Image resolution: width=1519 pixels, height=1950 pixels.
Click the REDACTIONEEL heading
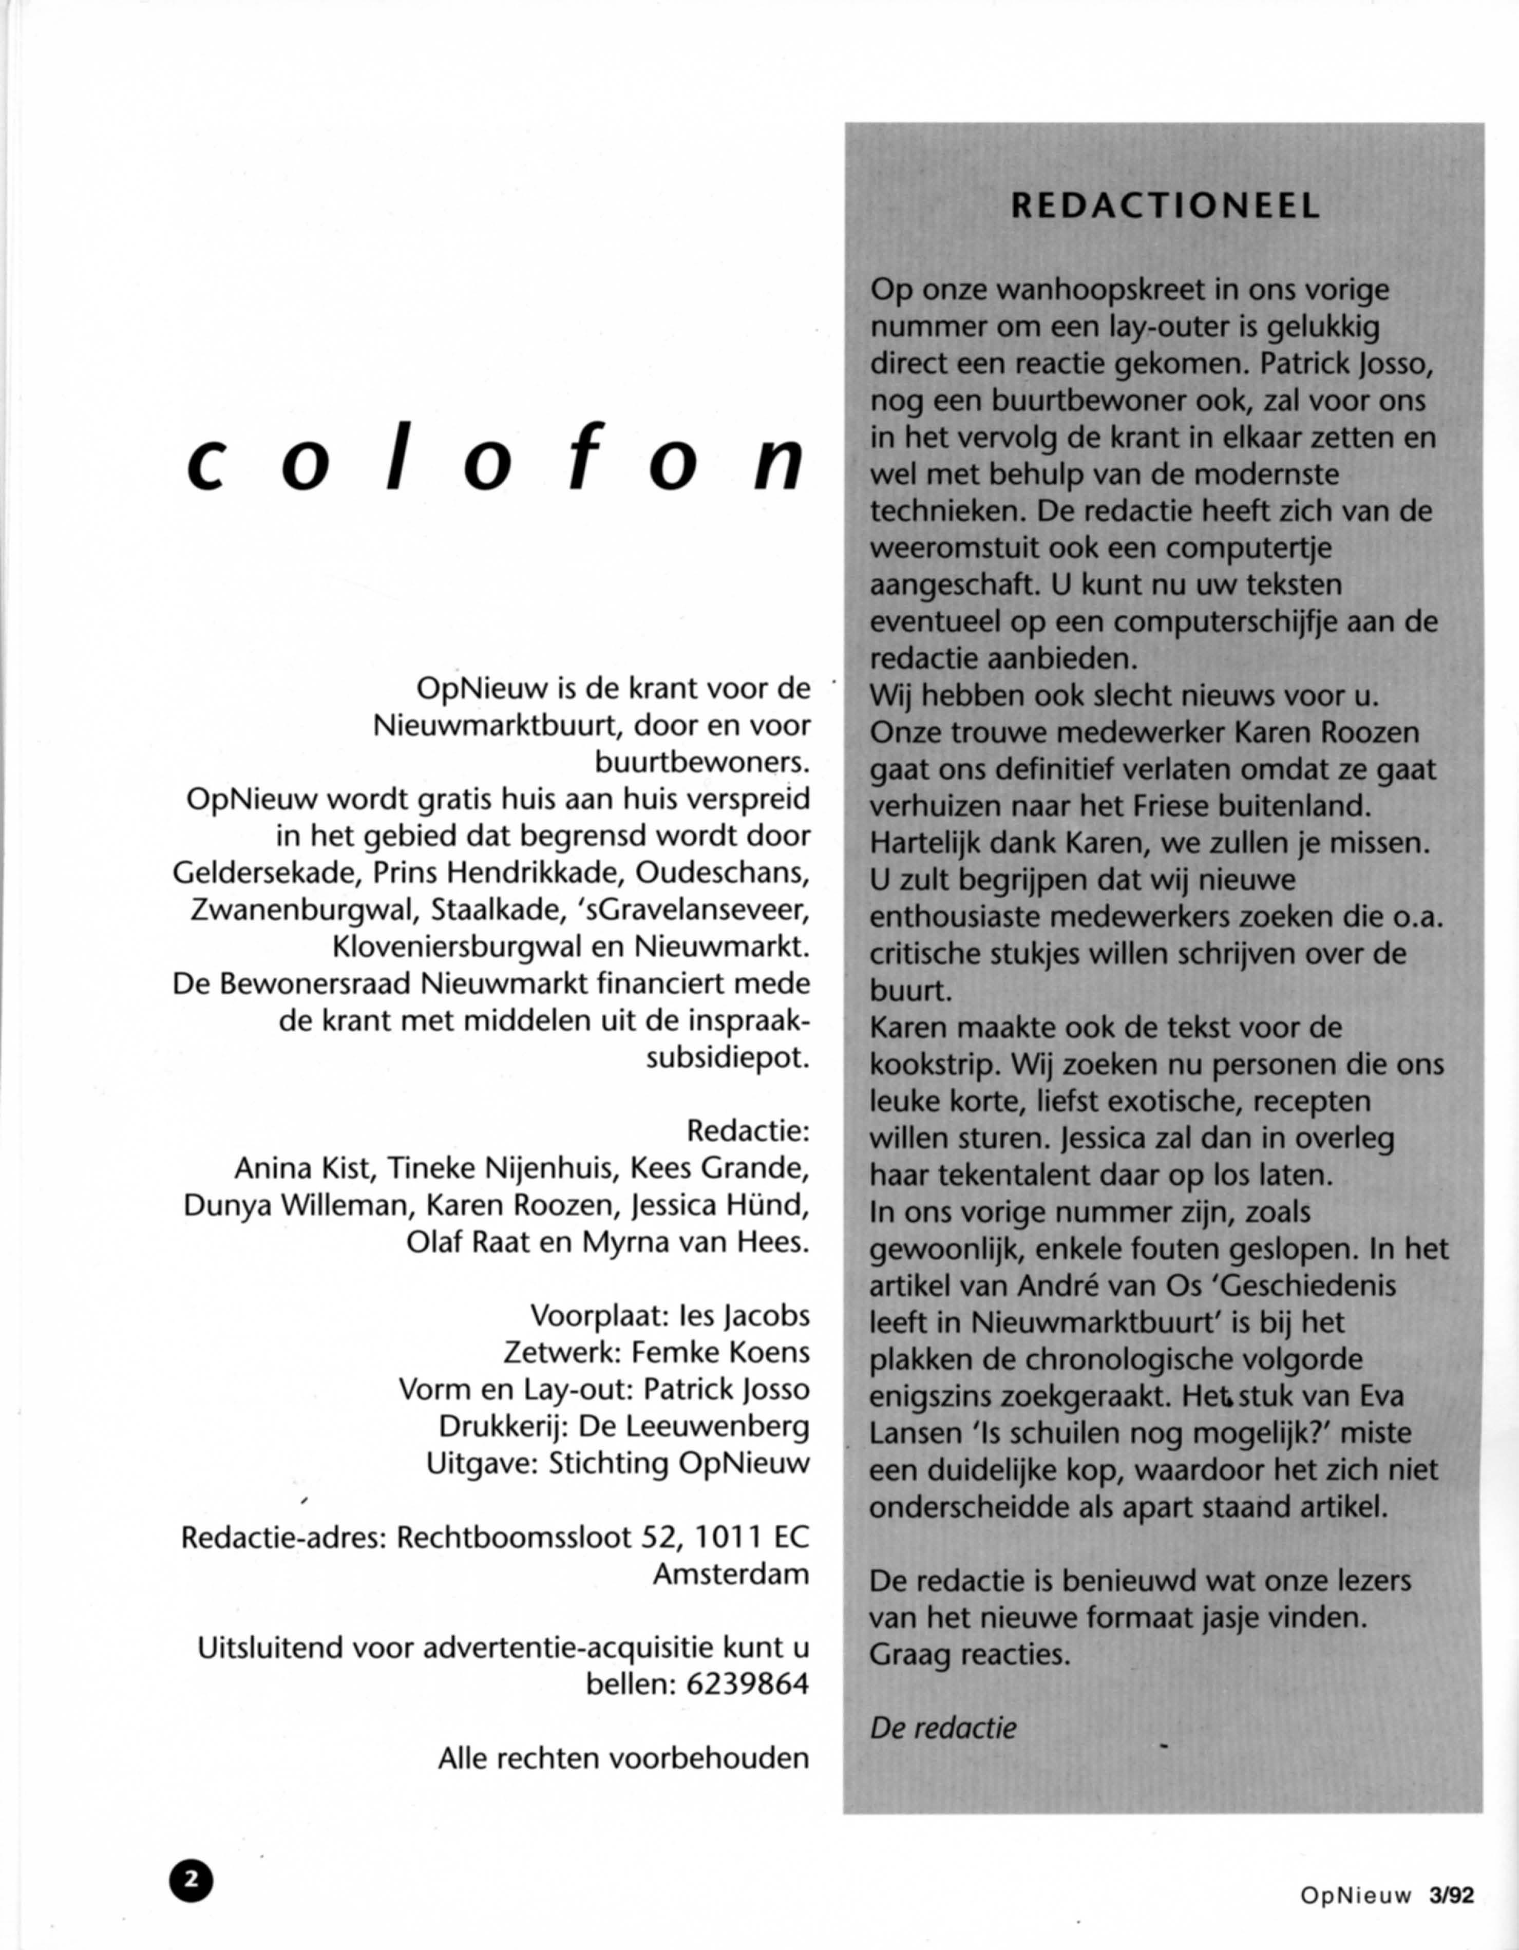pyautogui.click(x=1165, y=207)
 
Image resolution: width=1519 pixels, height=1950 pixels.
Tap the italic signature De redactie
pyautogui.click(x=943, y=1728)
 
